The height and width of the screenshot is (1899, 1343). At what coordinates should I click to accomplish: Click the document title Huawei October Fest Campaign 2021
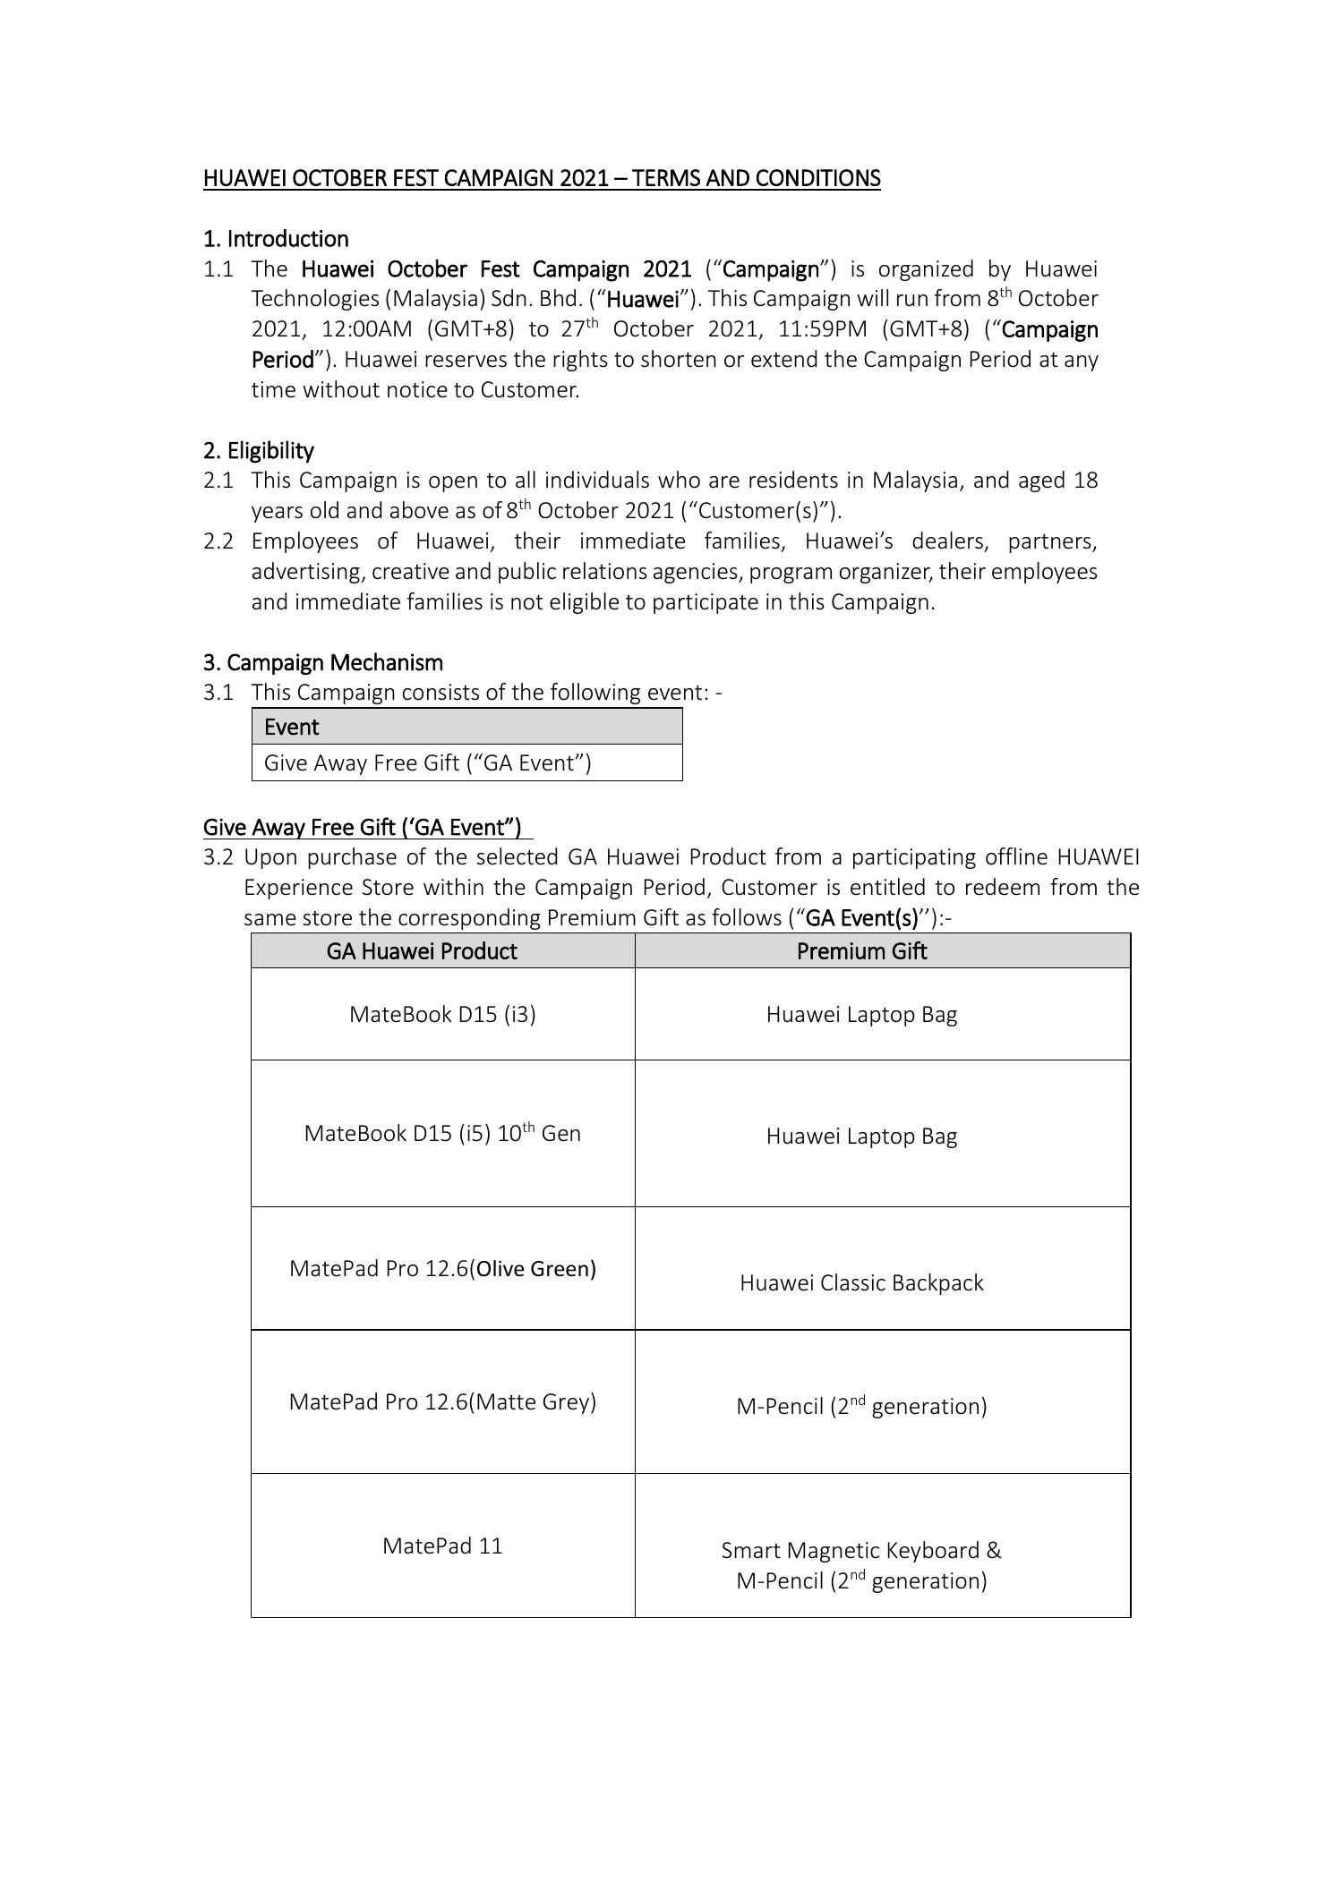pyautogui.click(x=541, y=178)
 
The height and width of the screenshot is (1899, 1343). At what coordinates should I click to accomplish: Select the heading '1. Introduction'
pyautogui.click(x=276, y=239)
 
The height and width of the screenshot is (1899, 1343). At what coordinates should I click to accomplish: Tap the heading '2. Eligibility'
pyautogui.click(x=258, y=450)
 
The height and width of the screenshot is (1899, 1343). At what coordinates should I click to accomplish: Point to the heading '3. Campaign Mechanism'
pyautogui.click(x=323, y=662)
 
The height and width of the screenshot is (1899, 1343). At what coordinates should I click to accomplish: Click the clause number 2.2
pyautogui.click(x=218, y=541)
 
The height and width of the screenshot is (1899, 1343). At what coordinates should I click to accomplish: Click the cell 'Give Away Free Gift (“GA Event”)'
pyautogui.click(x=428, y=762)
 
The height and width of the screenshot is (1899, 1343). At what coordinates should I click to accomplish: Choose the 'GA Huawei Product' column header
pyautogui.click(x=422, y=950)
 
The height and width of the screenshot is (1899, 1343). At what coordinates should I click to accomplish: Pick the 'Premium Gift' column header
pyautogui.click(x=861, y=950)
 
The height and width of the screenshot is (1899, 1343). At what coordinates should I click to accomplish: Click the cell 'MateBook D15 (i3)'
pyautogui.click(x=442, y=1014)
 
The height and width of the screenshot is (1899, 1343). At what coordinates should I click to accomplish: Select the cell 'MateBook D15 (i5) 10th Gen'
pyautogui.click(x=442, y=1133)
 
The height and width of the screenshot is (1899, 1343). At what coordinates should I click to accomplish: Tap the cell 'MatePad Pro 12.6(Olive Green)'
pyautogui.click(x=442, y=1268)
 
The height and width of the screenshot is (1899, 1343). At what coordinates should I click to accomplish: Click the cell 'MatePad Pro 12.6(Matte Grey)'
pyautogui.click(x=442, y=1401)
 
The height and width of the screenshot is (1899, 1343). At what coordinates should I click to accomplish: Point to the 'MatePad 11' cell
pyautogui.click(x=442, y=1546)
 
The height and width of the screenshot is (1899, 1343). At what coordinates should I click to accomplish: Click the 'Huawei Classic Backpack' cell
pyautogui.click(x=861, y=1282)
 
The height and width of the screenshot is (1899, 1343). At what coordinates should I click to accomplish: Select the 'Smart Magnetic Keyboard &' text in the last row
pyautogui.click(x=861, y=1550)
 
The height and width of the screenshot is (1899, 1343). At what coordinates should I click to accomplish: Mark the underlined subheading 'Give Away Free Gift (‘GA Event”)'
pyautogui.click(x=363, y=826)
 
